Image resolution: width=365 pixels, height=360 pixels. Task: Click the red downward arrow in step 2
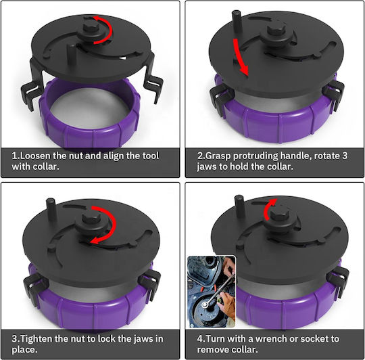pyautogui.click(x=240, y=56)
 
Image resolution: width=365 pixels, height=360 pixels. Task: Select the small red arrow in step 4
pyautogui.click(x=268, y=208)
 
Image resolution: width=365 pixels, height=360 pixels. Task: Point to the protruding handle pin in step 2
pyautogui.click(x=237, y=22)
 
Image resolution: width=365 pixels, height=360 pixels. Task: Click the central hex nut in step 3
pyautogui.click(x=91, y=220)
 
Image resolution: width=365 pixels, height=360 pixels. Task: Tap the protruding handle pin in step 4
pyautogui.click(x=240, y=206)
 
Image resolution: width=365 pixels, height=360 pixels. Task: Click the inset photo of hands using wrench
pyautogui.click(x=212, y=292)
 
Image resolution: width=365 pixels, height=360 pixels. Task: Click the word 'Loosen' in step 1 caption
pyautogui.click(x=36, y=156)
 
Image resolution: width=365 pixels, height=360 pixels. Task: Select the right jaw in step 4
pyautogui.click(x=337, y=279)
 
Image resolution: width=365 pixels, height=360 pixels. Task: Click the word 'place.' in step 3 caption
pyautogui.click(x=25, y=350)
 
